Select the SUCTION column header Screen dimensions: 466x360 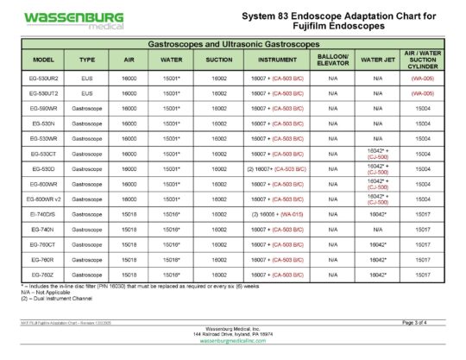pos(218,60)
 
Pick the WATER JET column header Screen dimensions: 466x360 pos(377,60)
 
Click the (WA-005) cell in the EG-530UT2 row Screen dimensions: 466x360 pos(422,92)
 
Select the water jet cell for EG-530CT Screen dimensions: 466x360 pos(377,153)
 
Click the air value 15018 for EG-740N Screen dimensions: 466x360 pos(129,229)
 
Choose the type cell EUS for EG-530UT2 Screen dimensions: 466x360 pos(86,92)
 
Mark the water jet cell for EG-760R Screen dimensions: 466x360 pos(377,259)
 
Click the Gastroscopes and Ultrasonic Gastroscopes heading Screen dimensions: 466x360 pos(233,41)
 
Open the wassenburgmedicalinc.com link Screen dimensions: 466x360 pos(233,342)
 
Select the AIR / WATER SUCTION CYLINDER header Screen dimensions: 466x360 pos(422,60)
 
